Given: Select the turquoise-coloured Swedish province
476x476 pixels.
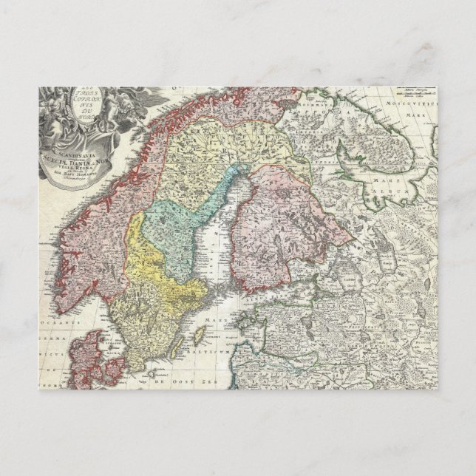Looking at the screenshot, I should click(x=181, y=222).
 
